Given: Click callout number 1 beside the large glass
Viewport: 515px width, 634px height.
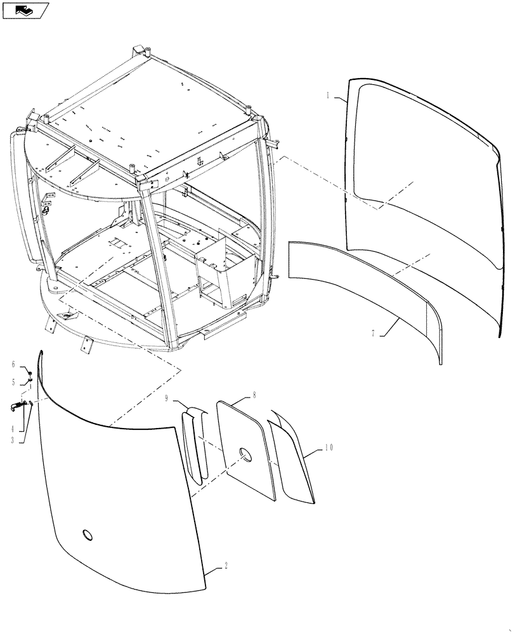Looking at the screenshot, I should click(x=328, y=96).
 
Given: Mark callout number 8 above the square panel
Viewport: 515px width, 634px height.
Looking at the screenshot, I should click(x=254, y=394).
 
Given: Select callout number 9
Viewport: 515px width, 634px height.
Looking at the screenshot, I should click(x=167, y=399).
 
